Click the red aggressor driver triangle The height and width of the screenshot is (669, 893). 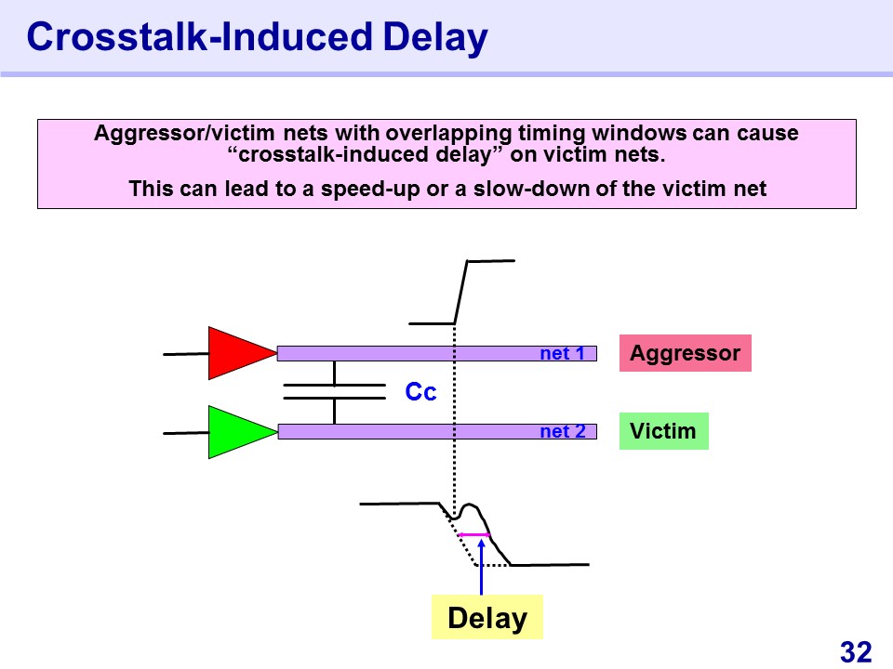(x=239, y=353)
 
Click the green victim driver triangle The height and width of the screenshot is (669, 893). (x=239, y=432)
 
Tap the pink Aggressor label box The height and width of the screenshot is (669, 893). (x=686, y=353)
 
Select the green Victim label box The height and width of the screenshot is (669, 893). (x=663, y=431)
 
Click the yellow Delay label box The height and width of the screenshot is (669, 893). (x=486, y=617)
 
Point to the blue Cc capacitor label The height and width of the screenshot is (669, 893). (x=420, y=391)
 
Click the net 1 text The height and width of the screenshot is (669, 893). (x=562, y=353)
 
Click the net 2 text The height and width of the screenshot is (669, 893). (x=563, y=431)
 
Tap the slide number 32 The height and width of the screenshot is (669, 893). (x=856, y=652)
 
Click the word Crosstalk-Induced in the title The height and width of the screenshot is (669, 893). (x=199, y=36)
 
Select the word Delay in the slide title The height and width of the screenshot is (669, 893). (x=435, y=37)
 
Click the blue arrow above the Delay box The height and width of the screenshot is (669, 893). (x=481, y=567)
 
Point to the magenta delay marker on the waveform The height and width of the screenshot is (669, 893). (x=473, y=535)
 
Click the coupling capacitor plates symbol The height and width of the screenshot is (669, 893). (x=334, y=391)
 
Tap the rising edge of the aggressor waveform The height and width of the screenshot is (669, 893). (x=460, y=293)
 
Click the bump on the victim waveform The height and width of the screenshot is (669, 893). (x=468, y=505)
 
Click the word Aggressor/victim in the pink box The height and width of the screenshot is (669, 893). (x=184, y=133)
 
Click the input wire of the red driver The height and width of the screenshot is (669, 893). (x=186, y=354)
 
